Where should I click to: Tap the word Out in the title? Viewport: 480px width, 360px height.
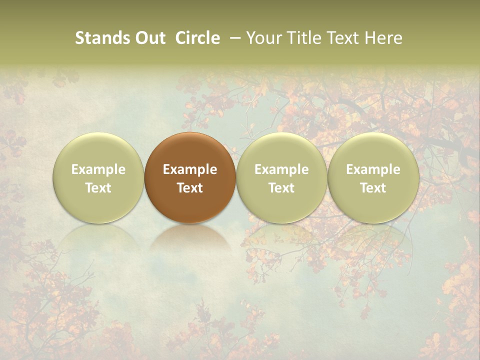(x=149, y=38)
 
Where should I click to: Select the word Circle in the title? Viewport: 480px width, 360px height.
(x=197, y=38)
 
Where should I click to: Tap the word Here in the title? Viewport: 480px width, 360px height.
(x=383, y=38)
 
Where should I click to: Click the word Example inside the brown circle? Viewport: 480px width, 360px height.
(x=190, y=169)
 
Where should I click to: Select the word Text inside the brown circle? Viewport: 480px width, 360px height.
(x=190, y=188)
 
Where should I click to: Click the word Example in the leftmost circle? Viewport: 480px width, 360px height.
(x=98, y=169)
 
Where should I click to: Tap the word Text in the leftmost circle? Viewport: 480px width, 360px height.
(x=98, y=188)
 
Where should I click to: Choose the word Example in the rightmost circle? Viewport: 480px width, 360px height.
(x=373, y=169)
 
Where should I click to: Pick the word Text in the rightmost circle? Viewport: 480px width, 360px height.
(x=373, y=188)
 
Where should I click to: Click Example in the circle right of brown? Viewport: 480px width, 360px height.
(x=281, y=169)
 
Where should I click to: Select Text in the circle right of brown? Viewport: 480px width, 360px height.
(x=281, y=188)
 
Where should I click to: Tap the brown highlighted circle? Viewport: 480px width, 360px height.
(x=190, y=150)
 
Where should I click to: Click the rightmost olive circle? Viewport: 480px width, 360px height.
(x=373, y=150)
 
